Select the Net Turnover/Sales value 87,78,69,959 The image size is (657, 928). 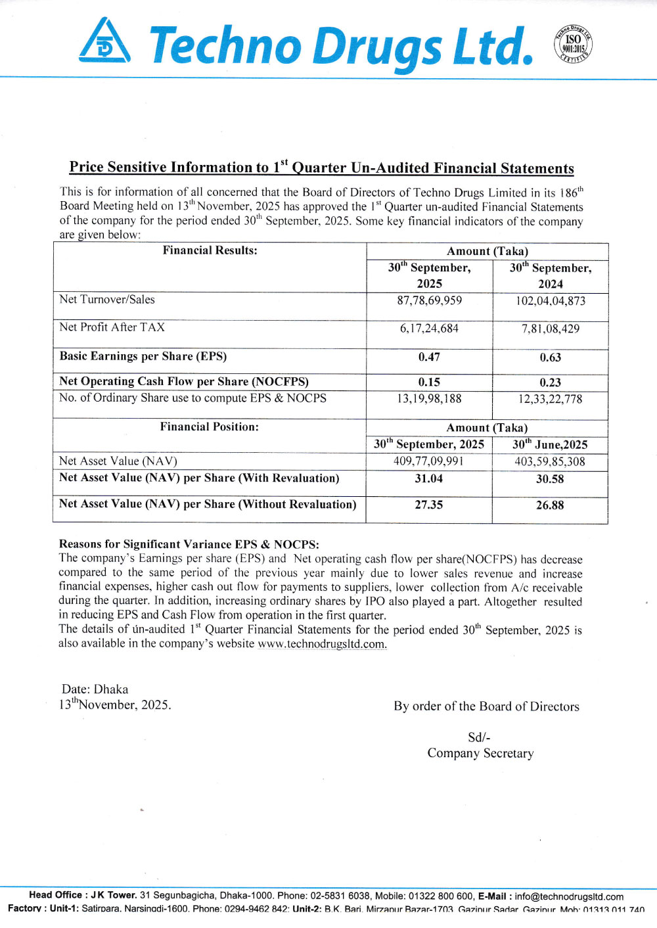429,300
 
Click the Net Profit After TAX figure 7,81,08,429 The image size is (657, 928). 551,329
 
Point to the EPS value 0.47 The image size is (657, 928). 429,357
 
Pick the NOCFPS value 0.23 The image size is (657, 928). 551,383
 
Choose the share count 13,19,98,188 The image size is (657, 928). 429,398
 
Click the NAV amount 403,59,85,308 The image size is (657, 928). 550,461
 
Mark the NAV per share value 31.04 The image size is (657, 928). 429,478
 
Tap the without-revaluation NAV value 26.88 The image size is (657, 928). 550,505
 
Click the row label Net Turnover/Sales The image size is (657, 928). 107,300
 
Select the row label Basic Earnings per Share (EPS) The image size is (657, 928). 143,356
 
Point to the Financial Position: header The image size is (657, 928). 210,427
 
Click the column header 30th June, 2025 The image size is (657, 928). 550,444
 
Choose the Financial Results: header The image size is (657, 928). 210,250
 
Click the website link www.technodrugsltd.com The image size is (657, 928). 322,644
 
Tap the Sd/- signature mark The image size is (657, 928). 479,737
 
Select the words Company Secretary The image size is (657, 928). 480,753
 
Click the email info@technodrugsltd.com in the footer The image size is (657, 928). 569,896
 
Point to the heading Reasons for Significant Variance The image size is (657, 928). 189,544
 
